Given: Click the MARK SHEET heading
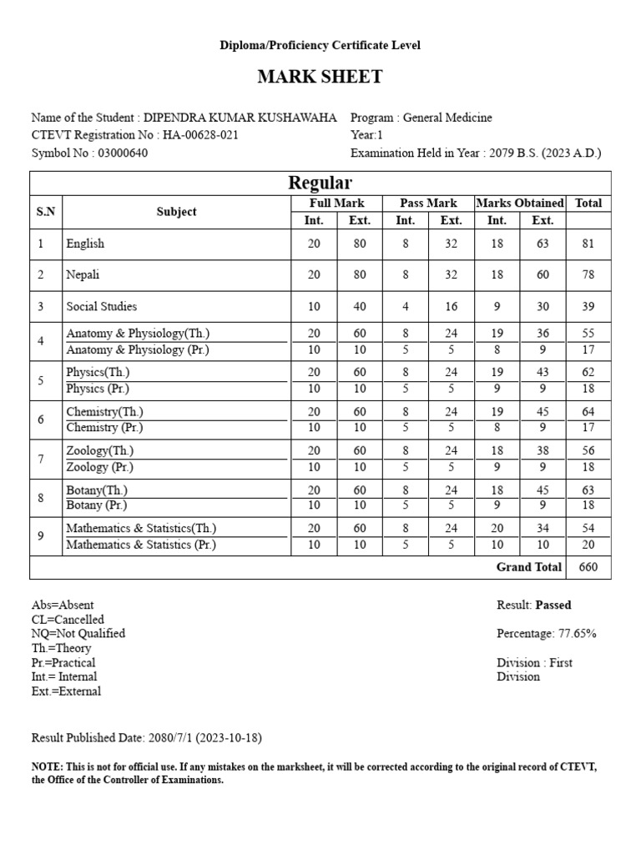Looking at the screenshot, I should [320, 78].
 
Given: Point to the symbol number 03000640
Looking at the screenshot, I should [124, 153].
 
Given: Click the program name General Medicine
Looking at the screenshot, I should [448, 118].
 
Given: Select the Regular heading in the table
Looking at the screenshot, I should [320, 183].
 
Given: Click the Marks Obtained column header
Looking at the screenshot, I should [519, 203].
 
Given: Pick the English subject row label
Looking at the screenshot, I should [86, 244].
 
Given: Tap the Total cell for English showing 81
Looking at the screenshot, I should [588, 244].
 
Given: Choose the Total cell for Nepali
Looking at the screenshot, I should [588, 274].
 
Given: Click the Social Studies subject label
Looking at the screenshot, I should [102, 306].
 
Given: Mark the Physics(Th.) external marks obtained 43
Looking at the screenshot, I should [543, 373].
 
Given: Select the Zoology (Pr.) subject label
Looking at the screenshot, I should [99, 467].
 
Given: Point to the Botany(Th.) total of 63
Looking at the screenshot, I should [588, 490].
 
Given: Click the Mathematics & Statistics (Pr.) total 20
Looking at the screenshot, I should [588, 545].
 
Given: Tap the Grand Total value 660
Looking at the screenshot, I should [588, 567].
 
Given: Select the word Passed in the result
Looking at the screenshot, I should [553, 605].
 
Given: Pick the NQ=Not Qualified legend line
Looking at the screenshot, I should [78, 634].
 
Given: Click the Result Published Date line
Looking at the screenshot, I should [147, 738].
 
